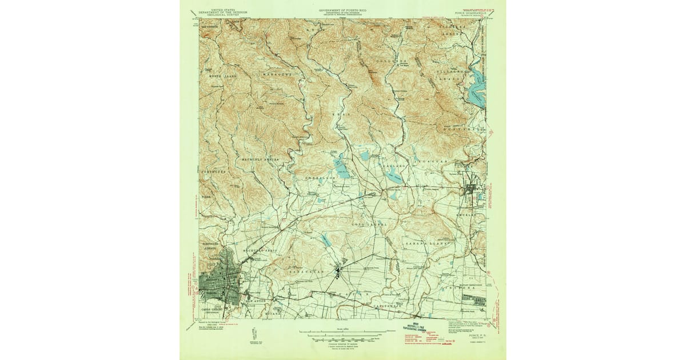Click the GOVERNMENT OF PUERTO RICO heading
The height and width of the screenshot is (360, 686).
click(x=343, y=10)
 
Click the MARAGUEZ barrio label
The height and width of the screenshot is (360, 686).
click(x=277, y=74)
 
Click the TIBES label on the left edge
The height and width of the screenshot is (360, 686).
click(x=206, y=196)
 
